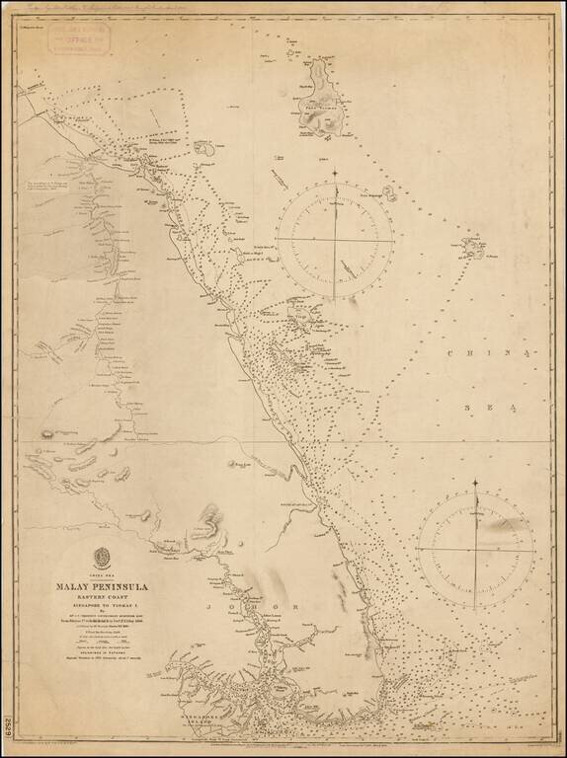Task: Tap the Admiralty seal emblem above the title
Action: coord(97,556)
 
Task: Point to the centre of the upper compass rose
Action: coord(335,240)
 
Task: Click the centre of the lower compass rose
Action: coord(475,548)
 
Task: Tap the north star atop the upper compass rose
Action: coord(335,174)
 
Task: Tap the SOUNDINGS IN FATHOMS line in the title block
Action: coord(97,675)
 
